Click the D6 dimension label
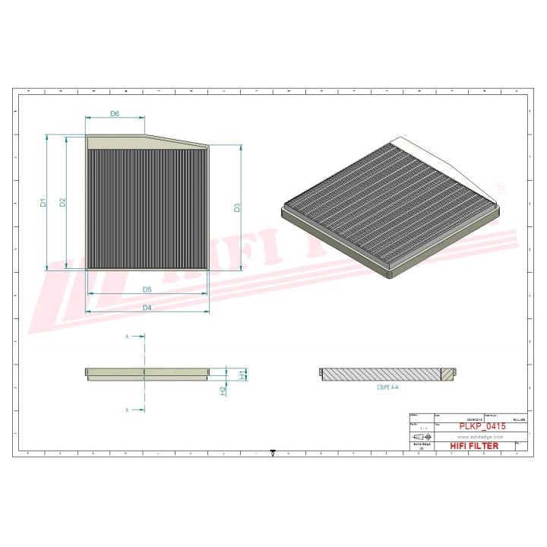click(x=115, y=114)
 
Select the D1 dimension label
click(x=44, y=203)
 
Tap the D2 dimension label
click(x=63, y=202)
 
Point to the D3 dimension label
click(x=237, y=207)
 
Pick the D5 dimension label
click(x=147, y=289)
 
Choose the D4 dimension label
click(x=147, y=307)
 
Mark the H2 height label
click(x=223, y=390)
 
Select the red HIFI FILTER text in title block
click(x=474, y=446)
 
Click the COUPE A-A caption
click(x=388, y=387)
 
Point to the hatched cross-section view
click(x=387, y=375)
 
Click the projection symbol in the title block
click(x=421, y=438)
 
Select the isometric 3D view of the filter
click(x=390, y=207)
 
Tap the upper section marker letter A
click(x=127, y=335)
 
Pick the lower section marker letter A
click(x=127, y=409)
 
